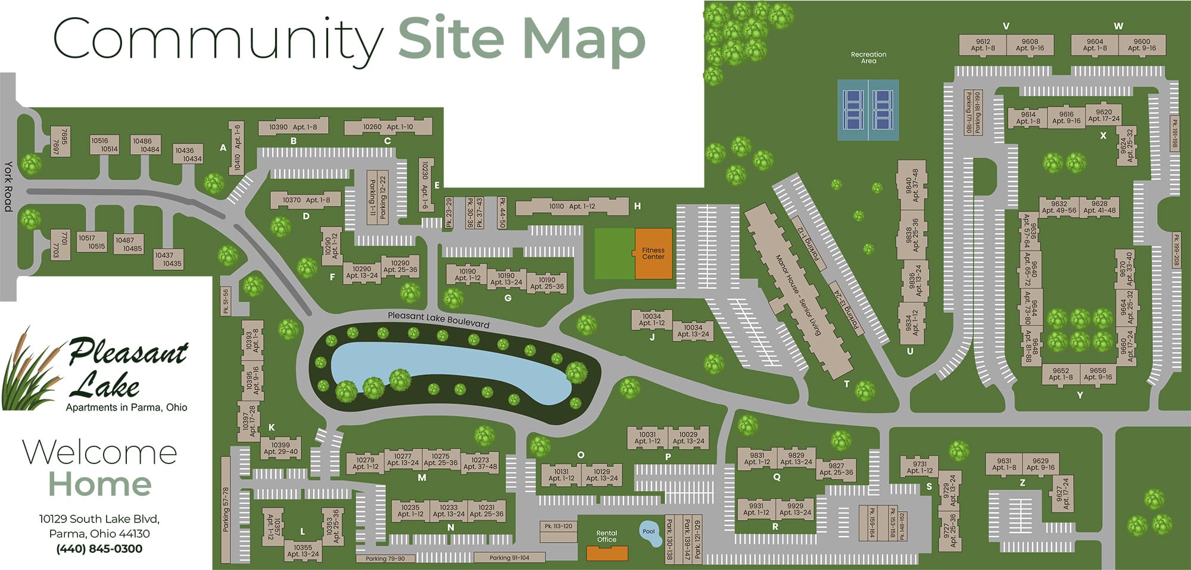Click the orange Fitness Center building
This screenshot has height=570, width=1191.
tap(653, 253)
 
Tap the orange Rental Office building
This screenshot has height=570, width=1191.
tap(607, 553)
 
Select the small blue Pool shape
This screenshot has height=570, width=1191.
tap(649, 533)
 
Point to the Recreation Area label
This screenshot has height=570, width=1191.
tap(868, 58)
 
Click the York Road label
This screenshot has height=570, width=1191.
tap(8, 186)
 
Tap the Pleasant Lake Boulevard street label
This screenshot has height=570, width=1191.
tap(438, 320)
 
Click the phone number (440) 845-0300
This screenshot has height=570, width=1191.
tap(99, 549)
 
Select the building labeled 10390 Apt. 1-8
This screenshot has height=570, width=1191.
tap(293, 127)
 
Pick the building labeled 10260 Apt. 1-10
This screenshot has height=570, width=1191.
tap(388, 127)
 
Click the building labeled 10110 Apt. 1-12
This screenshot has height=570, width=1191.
tap(572, 206)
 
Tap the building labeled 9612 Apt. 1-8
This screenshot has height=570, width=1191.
tap(983, 45)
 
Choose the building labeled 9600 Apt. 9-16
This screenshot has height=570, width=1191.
tap(1142, 45)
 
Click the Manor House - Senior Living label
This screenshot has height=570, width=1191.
tap(797, 295)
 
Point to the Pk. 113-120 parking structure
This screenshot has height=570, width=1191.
tap(558, 527)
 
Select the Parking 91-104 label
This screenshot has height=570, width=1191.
tap(509, 558)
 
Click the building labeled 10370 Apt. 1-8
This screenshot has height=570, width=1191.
tap(306, 200)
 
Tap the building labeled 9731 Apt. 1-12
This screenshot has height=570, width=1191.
tap(919, 467)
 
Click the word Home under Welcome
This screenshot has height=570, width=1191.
tap(99, 484)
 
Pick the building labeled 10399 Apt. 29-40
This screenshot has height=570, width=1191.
tap(280, 448)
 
